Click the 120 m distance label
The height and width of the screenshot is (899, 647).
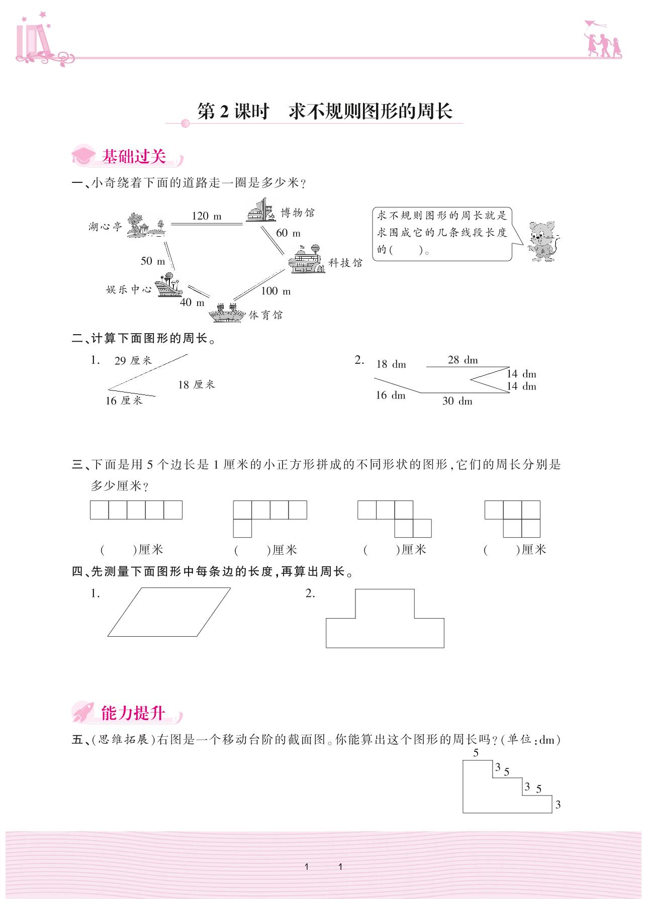click(206, 216)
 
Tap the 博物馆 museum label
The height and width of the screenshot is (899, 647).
click(298, 213)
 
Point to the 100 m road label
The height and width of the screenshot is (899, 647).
click(275, 291)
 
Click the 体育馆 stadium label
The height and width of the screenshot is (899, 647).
click(266, 315)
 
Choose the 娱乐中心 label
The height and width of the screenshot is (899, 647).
click(129, 290)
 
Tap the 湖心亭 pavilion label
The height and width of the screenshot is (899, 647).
click(105, 227)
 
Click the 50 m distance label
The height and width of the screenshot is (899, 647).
click(153, 261)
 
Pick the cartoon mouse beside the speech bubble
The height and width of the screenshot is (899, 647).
click(542, 241)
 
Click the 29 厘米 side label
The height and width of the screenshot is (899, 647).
click(133, 361)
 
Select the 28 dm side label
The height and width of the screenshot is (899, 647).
click(463, 360)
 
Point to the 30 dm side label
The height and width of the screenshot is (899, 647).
click(457, 401)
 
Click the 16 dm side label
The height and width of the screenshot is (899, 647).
click(390, 395)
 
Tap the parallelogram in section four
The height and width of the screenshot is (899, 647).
click(169, 612)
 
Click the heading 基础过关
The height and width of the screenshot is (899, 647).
click(134, 157)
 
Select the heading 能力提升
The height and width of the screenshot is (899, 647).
click(133, 713)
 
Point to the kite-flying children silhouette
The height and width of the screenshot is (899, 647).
click(602, 40)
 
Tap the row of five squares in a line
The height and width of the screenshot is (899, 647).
click(136, 510)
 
